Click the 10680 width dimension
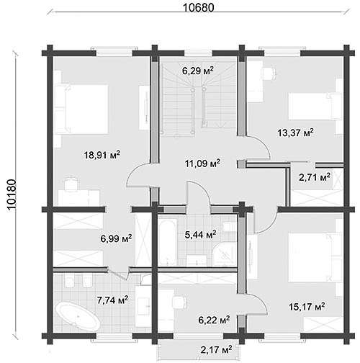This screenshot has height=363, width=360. [x=198, y=8]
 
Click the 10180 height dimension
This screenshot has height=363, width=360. [x=12, y=195]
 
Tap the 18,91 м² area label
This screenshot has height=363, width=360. [x=102, y=155]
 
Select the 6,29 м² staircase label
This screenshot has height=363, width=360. [x=198, y=71]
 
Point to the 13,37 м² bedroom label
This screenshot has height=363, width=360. [x=295, y=133]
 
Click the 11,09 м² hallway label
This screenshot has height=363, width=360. [x=202, y=163]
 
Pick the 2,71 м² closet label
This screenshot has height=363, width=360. [x=315, y=177]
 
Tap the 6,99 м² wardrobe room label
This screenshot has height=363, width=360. [x=116, y=238]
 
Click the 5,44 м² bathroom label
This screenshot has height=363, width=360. [x=200, y=235]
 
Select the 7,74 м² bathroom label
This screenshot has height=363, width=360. [x=112, y=300]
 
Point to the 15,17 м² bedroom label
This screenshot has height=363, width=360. [x=307, y=307]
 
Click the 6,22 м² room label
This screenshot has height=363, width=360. [x=214, y=320]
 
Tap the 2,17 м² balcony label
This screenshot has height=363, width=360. [x=216, y=349]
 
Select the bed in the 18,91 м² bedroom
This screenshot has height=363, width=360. [x=81, y=109]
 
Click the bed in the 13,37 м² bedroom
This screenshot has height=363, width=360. [x=315, y=107]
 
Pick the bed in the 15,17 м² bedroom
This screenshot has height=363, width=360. [x=315, y=257]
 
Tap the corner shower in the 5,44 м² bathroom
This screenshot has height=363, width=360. [x=225, y=255]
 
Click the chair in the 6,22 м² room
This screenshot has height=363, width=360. [x=179, y=302]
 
